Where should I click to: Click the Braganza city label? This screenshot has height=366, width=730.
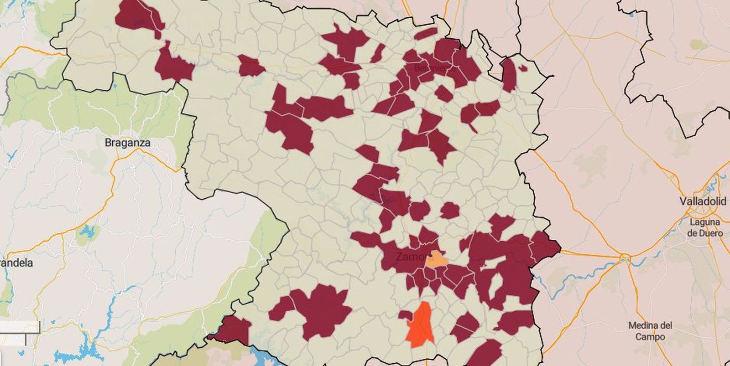tap(127, 143)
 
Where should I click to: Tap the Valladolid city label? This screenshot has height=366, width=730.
tap(703, 201)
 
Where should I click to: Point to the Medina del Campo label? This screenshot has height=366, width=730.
tap(650, 331)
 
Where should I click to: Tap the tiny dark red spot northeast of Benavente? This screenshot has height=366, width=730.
tap(522, 68)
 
